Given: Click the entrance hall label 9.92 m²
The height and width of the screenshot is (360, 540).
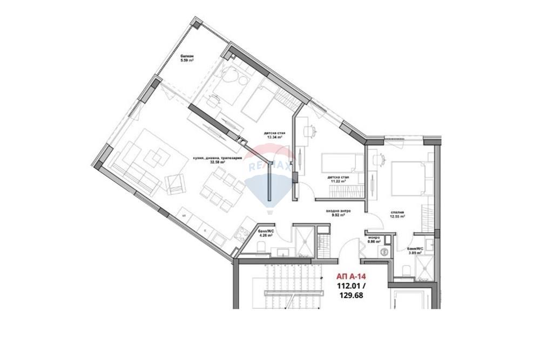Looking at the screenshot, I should tap(339, 213).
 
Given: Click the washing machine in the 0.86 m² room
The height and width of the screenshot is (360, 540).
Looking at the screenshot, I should tap(384, 252).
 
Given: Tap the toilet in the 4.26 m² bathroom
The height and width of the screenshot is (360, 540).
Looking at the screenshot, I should tap(260, 248).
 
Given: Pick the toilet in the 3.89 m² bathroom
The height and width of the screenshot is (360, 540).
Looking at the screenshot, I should tap(407, 270).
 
